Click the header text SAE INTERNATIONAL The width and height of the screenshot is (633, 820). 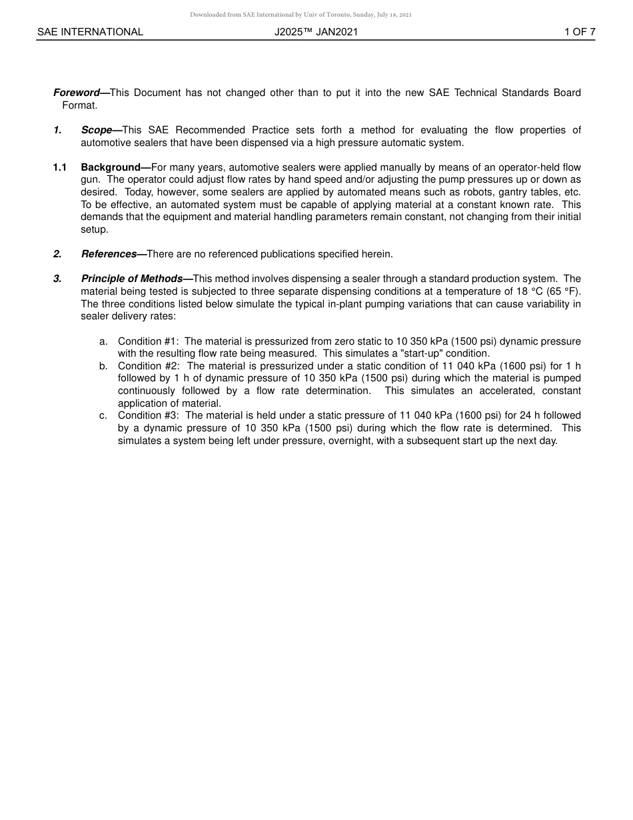click(90, 31)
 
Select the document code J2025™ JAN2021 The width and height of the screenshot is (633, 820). click(316, 31)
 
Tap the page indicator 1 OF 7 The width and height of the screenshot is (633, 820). click(580, 31)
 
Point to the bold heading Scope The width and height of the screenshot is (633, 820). click(97, 130)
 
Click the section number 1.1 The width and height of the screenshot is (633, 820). click(60, 167)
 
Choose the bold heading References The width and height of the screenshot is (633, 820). click(109, 254)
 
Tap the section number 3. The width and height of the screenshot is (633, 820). click(57, 279)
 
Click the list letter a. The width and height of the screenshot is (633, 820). click(103, 341)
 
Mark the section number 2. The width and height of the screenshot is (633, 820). click(57, 254)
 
